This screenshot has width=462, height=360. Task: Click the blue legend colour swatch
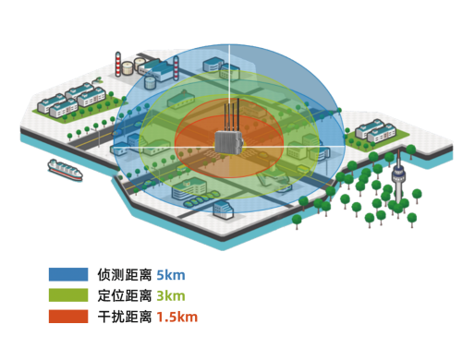point(68,274)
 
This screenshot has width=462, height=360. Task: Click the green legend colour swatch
point(68,295)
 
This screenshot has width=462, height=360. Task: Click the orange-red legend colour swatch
point(68,317)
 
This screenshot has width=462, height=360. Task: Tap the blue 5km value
point(171,275)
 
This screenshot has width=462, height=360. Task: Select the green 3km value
point(171,295)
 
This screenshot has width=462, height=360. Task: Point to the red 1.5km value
point(177,317)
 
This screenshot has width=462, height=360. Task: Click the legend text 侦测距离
point(125,274)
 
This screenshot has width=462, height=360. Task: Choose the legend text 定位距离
point(125,295)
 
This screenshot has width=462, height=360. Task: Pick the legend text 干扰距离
point(125,317)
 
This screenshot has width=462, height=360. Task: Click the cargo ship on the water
point(65,170)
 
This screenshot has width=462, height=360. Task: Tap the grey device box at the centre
point(229,141)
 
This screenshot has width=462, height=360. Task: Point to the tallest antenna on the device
point(238,114)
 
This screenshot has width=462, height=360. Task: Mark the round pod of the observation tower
point(398,175)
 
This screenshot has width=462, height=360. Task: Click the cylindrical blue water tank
point(150,82)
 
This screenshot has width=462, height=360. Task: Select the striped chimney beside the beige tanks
point(118,64)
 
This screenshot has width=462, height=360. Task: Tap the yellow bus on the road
point(182,168)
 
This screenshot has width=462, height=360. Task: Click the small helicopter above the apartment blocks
point(98,80)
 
